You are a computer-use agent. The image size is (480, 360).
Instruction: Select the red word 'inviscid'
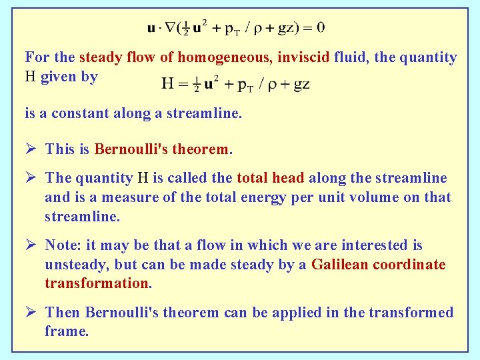[x=300, y=58]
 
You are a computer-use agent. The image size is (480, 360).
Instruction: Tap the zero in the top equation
[x=321, y=27]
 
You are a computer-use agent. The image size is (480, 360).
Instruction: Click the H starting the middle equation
[x=167, y=83]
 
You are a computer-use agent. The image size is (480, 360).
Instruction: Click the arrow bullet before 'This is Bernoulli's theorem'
[x=31, y=148]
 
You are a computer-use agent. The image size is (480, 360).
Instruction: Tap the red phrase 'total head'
[x=270, y=178]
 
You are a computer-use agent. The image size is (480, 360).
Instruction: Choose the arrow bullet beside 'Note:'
[x=31, y=245]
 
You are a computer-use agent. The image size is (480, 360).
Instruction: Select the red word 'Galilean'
[x=339, y=265]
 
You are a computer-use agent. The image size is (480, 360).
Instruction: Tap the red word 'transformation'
[x=97, y=283]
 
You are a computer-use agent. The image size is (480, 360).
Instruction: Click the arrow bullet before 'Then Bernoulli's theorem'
[x=31, y=312]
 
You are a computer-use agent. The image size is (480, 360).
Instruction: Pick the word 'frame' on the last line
[x=65, y=331]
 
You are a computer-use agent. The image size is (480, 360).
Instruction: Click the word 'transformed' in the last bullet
[x=413, y=313]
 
